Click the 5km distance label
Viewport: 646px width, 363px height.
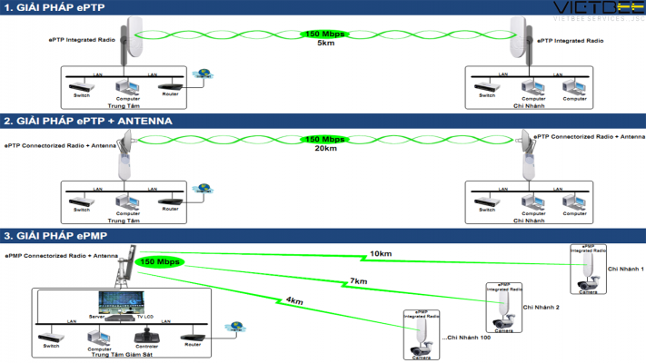(x=324, y=43)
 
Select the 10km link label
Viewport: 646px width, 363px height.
(x=381, y=253)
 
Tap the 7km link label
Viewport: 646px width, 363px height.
(x=360, y=280)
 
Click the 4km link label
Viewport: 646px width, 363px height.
(x=293, y=300)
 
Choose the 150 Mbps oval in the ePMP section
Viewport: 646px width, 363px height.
(x=160, y=262)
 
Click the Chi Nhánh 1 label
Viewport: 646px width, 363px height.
(x=625, y=270)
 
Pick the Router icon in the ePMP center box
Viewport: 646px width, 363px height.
(x=193, y=337)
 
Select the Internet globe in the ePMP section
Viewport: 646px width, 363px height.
(x=237, y=326)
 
